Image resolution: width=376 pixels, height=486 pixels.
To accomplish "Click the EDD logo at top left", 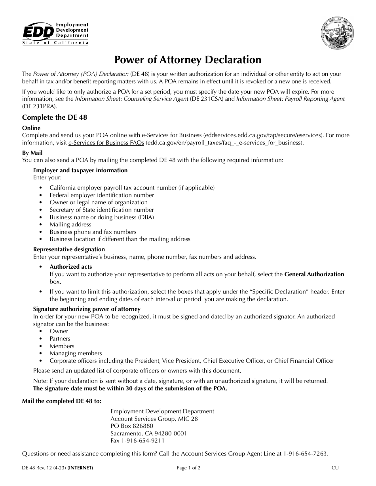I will tap(55, 33).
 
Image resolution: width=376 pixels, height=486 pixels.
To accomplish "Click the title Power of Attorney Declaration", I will tap(188, 60).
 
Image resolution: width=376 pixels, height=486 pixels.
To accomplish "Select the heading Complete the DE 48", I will tap(55, 117).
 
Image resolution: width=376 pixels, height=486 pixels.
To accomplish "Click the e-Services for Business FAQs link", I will tap(106, 143).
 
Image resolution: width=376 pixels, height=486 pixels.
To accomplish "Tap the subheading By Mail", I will tap(32, 153).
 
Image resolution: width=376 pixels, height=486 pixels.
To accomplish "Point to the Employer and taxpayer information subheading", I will tap(80, 170).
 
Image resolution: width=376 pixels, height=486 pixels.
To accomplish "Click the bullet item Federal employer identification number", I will tap(102, 195).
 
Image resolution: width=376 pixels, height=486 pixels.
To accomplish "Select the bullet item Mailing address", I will tap(70, 224).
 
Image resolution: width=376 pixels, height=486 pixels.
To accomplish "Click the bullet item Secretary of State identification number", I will tap(102, 210).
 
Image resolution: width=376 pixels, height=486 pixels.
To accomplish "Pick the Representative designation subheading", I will tap(69, 249).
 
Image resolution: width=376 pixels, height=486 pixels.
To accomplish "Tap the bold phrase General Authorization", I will tap(314, 274).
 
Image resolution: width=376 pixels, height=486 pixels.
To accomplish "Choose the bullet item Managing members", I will tap(76, 353).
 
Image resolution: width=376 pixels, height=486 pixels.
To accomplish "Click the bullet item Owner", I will tap(59, 331).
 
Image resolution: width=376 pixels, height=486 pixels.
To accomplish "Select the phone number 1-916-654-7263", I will tap(305, 454).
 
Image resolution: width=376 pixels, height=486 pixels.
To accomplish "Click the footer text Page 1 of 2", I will tap(188, 468).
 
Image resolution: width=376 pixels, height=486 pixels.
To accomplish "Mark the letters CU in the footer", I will tap(335, 468).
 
